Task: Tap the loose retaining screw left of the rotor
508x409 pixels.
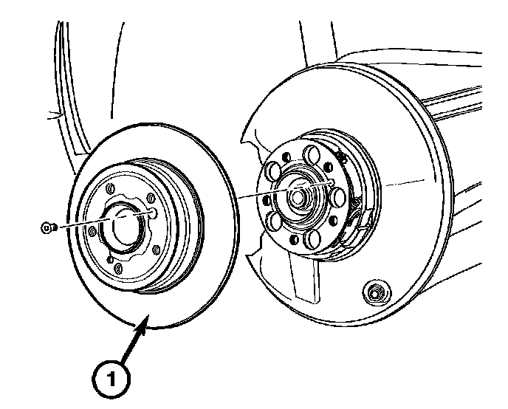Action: pyautogui.click(x=47, y=229)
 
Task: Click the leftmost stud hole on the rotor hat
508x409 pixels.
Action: pyautogui.click(x=92, y=231)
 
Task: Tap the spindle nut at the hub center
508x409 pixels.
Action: pyautogui.click(x=296, y=198)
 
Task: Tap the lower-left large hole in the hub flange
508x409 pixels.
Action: pyautogui.click(x=275, y=219)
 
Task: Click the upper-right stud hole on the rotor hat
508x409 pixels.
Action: pyautogui.click(x=151, y=197)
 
